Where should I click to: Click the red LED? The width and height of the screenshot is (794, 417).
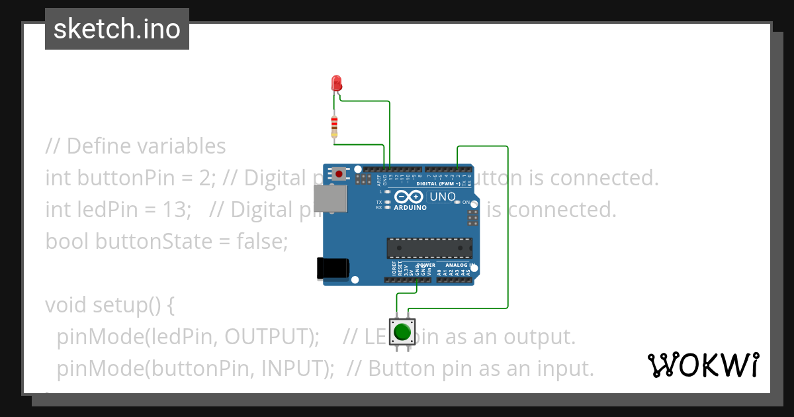[336, 83]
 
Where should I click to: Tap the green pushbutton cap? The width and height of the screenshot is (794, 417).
[402, 331]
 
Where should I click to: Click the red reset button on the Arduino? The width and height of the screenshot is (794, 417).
[339, 174]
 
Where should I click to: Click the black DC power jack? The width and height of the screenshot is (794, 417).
[333, 267]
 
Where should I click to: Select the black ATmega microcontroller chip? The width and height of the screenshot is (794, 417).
[429, 248]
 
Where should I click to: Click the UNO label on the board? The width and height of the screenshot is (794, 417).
[442, 197]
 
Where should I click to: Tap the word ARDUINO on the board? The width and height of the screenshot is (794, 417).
[410, 207]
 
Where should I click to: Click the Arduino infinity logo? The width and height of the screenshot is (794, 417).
[410, 197]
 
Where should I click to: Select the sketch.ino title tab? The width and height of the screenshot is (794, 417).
[117, 29]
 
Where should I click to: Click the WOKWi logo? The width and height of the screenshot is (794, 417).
[703, 365]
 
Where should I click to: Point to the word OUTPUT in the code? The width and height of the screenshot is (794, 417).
[268, 336]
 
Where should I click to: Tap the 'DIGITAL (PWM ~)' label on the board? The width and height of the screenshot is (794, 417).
[438, 183]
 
